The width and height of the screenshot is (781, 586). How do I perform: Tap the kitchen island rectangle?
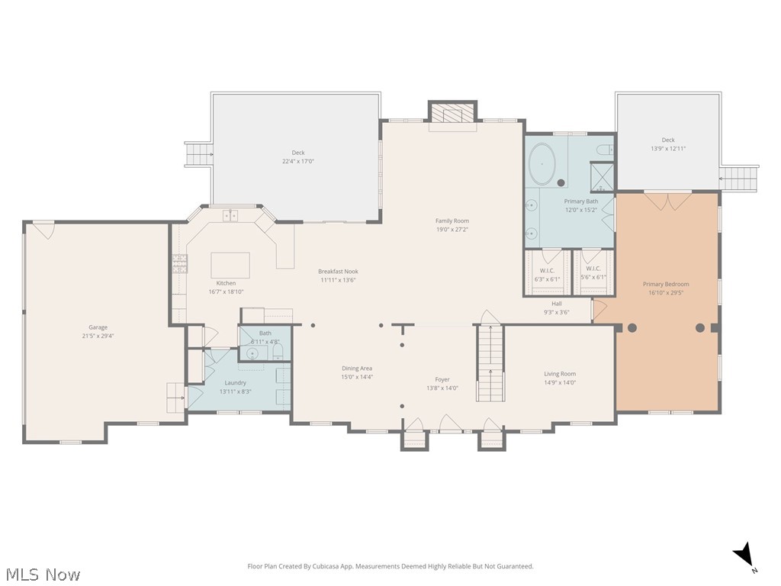tap(230, 266)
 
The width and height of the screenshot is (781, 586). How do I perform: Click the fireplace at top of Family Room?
tap(452, 114)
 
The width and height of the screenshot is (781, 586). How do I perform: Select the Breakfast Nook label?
tap(338, 272)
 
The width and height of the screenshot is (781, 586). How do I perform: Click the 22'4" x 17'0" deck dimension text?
tap(297, 161)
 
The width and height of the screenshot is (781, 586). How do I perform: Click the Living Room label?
tap(560, 374)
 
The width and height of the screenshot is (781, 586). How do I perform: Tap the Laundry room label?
tap(235, 382)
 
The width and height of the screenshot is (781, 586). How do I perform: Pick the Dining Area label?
tap(357, 369)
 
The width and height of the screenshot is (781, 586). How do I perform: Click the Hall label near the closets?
tap(557, 303)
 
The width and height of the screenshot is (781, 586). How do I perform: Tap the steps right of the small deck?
tap(738, 179)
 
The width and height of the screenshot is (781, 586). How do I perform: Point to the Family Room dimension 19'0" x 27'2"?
tap(452, 229)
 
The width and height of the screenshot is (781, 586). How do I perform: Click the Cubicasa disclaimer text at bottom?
tap(390, 566)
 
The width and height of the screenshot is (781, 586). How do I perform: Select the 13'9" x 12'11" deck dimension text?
tap(668, 149)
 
